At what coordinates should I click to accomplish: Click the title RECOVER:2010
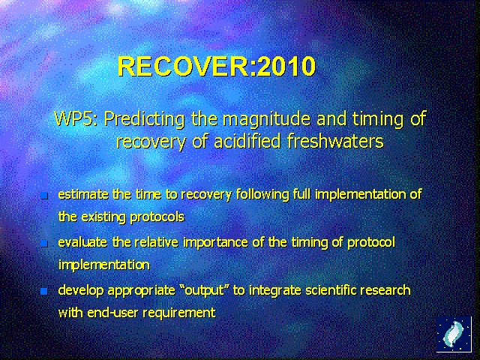point(217,67)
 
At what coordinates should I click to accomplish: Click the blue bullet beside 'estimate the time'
point(43,196)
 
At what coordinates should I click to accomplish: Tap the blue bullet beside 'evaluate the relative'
point(43,244)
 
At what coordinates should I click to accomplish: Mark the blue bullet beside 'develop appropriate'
point(43,291)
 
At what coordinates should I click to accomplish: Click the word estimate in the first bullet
point(83,194)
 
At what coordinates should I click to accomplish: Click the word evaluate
point(82,242)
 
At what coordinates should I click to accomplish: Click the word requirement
point(181,313)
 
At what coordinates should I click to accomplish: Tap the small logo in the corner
point(454,334)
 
